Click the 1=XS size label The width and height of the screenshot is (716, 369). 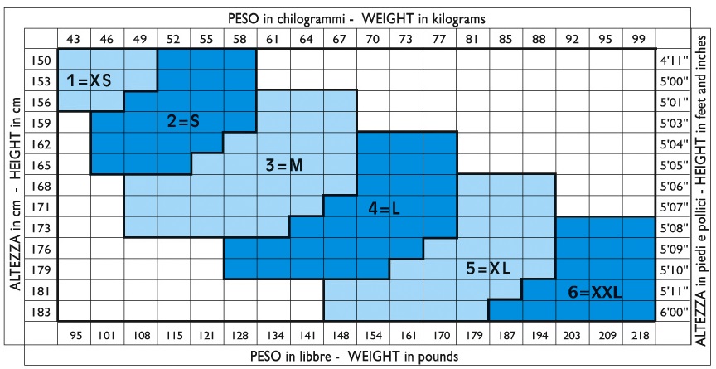89,80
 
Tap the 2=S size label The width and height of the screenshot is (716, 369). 183,121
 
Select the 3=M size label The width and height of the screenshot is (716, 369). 284,165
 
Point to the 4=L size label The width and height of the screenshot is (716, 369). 384,209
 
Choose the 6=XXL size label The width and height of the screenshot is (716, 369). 595,292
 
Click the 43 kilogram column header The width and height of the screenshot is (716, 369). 74,38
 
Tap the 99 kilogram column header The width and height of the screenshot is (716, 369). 638,38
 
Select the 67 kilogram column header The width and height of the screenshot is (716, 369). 340,38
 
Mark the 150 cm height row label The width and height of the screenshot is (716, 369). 42,61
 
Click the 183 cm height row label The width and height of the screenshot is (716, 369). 42,312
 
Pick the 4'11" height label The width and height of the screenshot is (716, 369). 670,61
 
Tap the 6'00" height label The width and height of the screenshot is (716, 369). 670,312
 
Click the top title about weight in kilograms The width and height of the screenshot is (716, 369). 356,17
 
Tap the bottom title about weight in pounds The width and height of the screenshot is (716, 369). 356,356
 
